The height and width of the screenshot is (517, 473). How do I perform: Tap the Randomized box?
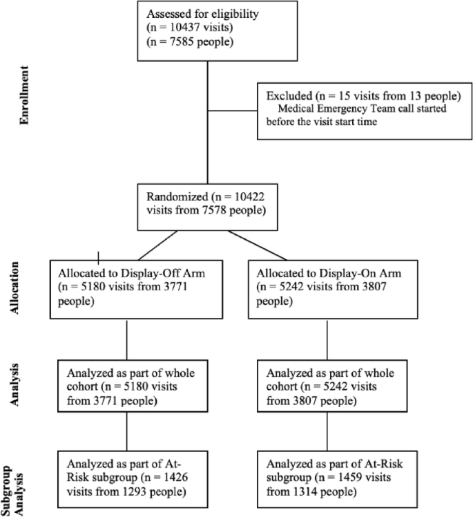(208, 205)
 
